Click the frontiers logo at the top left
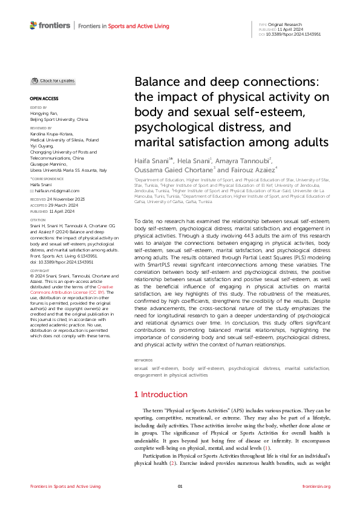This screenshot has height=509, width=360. tap(49, 26)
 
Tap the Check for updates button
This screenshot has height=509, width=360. tap(53, 80)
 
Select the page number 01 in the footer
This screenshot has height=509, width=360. tap(180, 486)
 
